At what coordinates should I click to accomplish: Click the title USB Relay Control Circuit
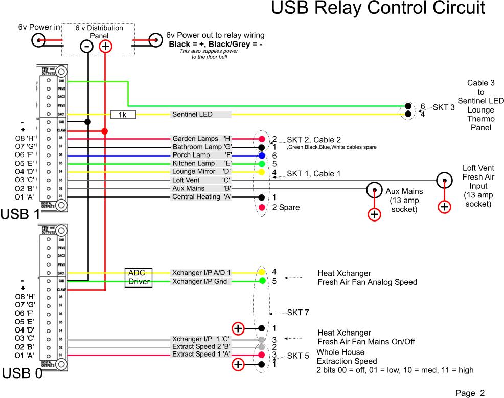point(377,9)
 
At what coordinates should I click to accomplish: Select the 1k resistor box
point(123,115)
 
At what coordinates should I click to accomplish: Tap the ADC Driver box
point(138,277)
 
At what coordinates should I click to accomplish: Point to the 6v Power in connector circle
point(38,40)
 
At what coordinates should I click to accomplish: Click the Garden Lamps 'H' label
point(202,139)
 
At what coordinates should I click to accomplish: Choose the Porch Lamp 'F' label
point(202,155)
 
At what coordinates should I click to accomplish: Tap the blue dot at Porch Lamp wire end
point(262,156)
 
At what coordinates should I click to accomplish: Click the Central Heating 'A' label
point(202,197)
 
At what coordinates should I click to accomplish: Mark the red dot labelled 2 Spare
point(262,208)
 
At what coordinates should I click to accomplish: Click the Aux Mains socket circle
point(374,189)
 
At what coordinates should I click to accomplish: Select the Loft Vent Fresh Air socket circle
point(444,180)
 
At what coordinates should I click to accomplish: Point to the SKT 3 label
point(443,108)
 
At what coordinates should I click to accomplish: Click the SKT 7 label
point(297,312)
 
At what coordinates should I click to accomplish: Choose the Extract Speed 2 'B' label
point(201,347)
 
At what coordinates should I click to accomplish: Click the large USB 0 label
point(21,374)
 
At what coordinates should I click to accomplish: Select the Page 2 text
point(470,393)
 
